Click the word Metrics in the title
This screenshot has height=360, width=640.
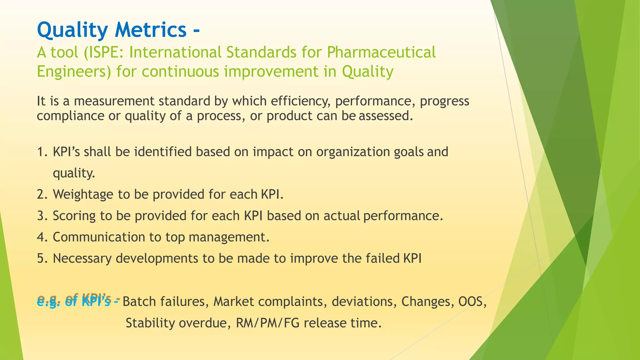pos(151,30)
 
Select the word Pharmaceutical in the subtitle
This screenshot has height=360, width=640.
pos(381,52)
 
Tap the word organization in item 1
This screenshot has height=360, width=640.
pos(353,152)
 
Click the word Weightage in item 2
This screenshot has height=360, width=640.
pos(83,194)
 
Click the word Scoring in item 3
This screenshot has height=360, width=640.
pos(74,216)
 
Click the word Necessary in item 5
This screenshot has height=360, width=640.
pos(82,259)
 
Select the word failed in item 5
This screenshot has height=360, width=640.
pos(382,259)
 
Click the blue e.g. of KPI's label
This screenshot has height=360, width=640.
pos(77,302)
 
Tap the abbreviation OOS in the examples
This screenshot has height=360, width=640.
pos(471,302)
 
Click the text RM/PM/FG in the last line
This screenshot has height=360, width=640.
pos(267,323)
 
